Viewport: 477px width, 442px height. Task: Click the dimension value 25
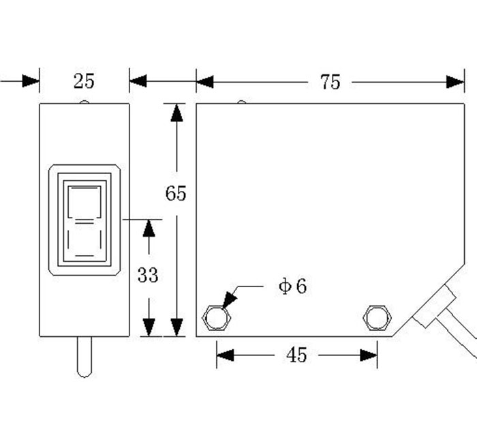[x=84, y=82]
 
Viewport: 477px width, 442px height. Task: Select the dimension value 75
[x=330, y=83]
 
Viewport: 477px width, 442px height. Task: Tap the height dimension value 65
[x=176, y=194]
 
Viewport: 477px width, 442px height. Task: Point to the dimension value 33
[x=148, y=276]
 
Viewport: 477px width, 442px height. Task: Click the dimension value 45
[x=296, y=355]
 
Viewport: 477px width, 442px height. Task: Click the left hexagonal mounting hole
[x=217, y=317]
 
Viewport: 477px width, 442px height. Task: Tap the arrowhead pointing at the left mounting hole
[x=229, y=298]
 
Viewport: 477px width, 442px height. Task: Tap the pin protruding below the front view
[x=84, y=356]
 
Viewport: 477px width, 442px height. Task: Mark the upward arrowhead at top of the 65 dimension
[x=176, y=113]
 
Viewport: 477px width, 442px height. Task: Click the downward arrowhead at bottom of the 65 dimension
[x=176, y=327]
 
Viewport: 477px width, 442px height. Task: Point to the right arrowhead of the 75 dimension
[x=455, y=82]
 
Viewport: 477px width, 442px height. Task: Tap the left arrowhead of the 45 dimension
[x=226, y=355]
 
